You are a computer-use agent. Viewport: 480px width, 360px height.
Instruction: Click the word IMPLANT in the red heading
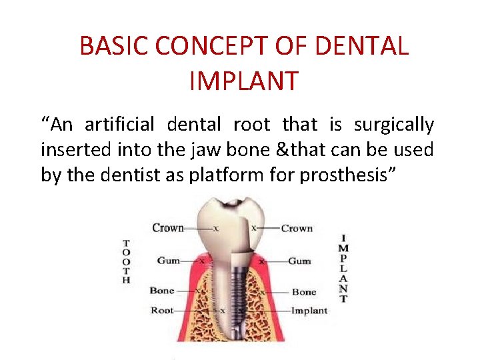point(243,81)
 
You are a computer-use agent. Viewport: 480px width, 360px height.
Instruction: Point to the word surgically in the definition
point(394,125)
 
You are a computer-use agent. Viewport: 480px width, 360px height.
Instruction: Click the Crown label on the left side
point(168,228)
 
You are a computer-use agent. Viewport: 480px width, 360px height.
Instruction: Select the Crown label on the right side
point(297,228)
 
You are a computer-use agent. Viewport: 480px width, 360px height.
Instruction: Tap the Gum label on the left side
point(168,261)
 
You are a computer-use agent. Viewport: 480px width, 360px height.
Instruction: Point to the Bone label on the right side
point(304,292)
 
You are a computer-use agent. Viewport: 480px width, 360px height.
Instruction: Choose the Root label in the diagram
point(162,310)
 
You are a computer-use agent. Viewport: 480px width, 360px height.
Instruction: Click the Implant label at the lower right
point(309,310)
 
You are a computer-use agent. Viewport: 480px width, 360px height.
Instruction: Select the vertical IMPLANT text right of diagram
point(343,268)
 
